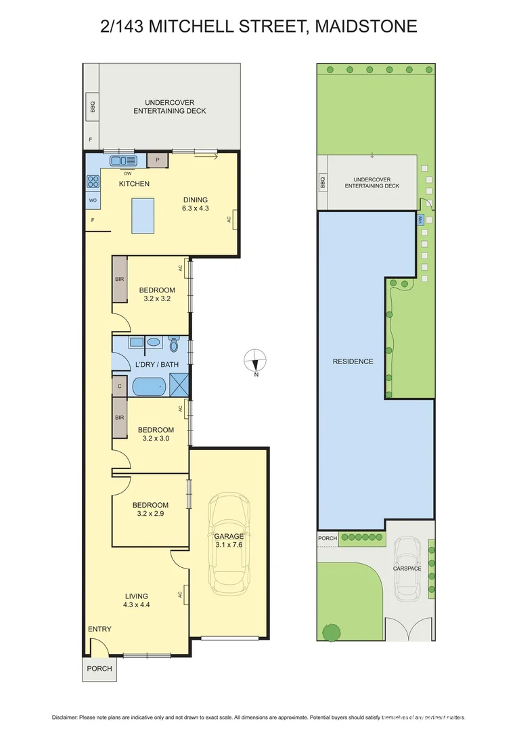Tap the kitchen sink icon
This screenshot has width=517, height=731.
pos(123,160)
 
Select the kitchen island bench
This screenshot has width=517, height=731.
pos(145,216)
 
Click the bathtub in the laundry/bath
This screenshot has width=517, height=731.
pos(148,386)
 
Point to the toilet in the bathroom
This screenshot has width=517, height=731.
pos(174,346)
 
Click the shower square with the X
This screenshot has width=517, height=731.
pos(179,386)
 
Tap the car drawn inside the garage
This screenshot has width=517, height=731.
pos(229,542)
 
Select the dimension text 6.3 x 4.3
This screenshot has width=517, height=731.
pos(195,208)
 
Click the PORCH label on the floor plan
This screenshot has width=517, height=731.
pos(99,668)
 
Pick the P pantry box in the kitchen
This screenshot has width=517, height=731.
pos(157,160)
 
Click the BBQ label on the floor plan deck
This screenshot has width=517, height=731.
pos(92,108)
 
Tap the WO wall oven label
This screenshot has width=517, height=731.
pos(92,201)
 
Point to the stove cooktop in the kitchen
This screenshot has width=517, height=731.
pos(92,181)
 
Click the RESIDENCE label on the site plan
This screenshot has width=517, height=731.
pos(353,361)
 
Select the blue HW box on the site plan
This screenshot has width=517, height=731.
pos(420,220)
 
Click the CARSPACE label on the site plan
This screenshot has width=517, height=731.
pos(407,569)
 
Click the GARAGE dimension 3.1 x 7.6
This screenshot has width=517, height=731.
pos(229,544)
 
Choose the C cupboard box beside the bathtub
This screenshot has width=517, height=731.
pos(119,386)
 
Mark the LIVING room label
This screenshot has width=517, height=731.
pos(137,596)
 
